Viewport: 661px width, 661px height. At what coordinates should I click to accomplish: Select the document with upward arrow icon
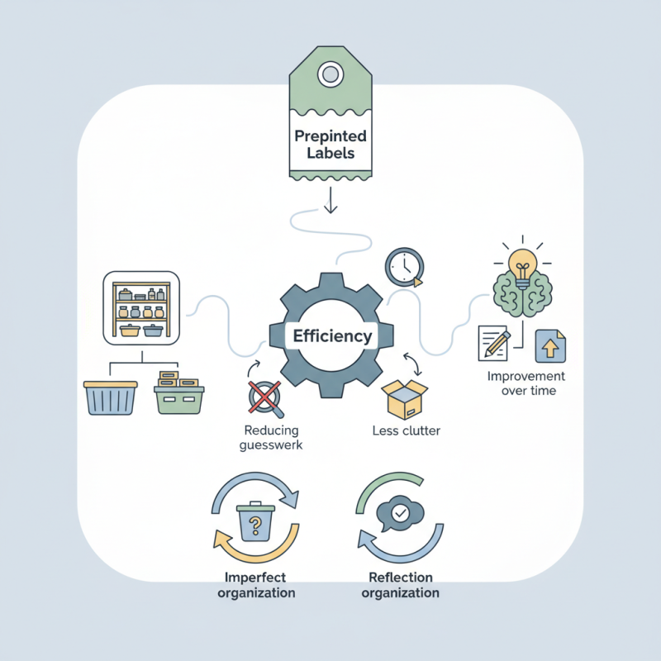(x=549, y=345)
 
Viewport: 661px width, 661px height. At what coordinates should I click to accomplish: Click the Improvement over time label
(x=523, y=383)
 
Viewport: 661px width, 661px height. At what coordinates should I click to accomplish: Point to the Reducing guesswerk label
(x=272, y=437)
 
